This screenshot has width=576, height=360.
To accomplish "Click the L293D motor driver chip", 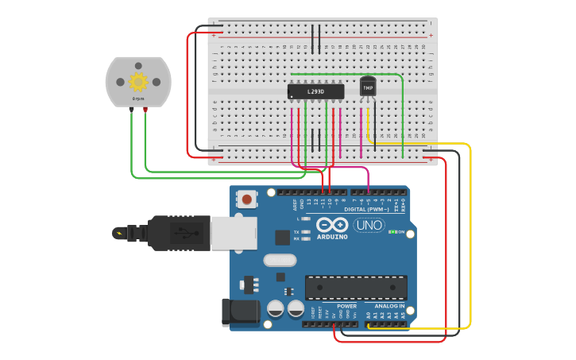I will click(315, 91).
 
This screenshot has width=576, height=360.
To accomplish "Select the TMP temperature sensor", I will click(368, 86).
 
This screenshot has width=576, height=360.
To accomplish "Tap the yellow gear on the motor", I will click(138, 81).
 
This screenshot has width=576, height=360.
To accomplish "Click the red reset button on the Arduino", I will click(248, 199).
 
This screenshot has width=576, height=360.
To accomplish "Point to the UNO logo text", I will click(369, 225).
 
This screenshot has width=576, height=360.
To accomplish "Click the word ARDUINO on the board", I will click(331, 236).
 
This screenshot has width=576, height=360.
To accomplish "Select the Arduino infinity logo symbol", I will click(331, 224).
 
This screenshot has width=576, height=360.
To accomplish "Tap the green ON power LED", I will click(391, 232).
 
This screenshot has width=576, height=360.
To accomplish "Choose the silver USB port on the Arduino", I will click(234, 233).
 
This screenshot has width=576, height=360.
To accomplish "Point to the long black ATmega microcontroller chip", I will click(356, 287).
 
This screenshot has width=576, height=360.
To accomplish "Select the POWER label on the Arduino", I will click(346, 306).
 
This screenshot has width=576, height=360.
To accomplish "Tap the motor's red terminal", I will click(145, 110).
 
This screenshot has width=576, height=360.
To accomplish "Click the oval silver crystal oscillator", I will click(280, 260).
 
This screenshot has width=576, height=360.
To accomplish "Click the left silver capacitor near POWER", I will click(276, 308).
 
